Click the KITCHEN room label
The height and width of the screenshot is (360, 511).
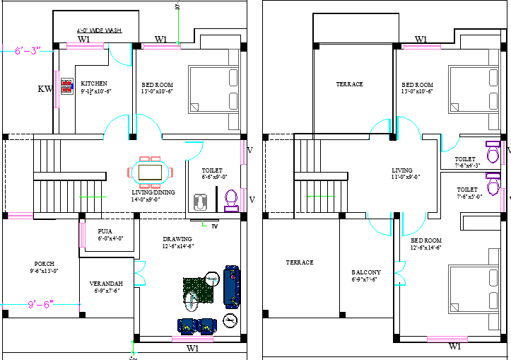click(93, 83)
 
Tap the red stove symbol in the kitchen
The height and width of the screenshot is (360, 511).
click(67, 87)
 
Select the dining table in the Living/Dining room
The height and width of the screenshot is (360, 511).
click(149, 172)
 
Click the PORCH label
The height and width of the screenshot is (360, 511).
click(44, 263)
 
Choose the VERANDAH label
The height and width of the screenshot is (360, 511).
click(106, 283)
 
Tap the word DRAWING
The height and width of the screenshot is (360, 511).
click(177, 239)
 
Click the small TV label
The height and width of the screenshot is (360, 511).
click(214, 226)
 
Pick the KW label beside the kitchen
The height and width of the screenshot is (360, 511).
click(45, 89)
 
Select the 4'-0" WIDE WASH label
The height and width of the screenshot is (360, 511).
click(99, 30)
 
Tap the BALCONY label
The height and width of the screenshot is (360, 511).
click(366, 272)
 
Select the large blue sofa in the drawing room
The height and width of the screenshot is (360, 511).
click(232, 285)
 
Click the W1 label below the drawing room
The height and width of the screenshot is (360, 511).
click(192, 349)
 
